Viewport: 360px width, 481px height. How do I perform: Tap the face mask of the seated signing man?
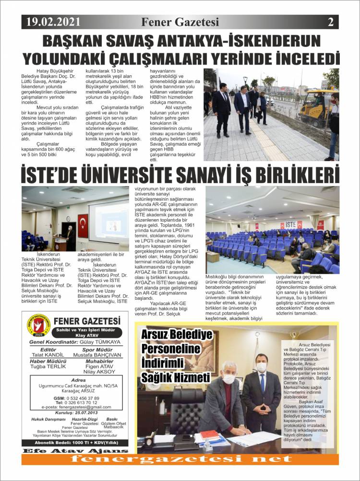click(x=229, y=379)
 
